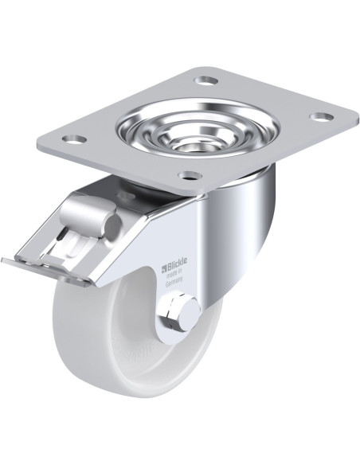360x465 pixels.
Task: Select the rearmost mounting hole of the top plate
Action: click(x=207, y=80)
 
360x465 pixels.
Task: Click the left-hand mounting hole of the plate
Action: click(x=76, y=139)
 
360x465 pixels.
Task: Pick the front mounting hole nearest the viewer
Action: click(x=186, y=175)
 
